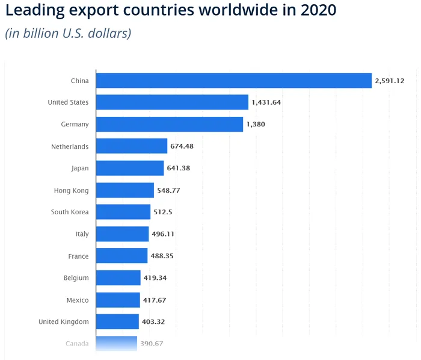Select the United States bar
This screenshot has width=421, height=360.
click(172, 102)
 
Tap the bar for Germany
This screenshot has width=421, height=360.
click(170, 124)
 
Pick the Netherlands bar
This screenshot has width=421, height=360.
click(132, 146)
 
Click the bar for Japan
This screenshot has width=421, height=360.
click(130, 168)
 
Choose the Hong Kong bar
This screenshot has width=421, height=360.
click(125, 190)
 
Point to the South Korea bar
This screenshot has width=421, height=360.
click(123, 212)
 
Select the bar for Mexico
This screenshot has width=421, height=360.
click(118, 300)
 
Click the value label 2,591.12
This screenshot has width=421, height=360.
click(389, 81)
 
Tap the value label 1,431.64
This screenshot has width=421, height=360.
click(266, 102)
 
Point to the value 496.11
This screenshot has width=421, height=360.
click(163, 234)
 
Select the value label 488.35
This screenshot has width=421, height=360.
click(162, 256)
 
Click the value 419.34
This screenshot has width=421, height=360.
click(155, 278)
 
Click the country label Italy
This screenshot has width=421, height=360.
click(82, 234)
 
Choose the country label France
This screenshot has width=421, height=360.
click(78, 256)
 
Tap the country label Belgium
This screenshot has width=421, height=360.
click(76, 278)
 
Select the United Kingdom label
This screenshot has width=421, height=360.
click(63, 321)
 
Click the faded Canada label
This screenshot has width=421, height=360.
click(77, 344)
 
